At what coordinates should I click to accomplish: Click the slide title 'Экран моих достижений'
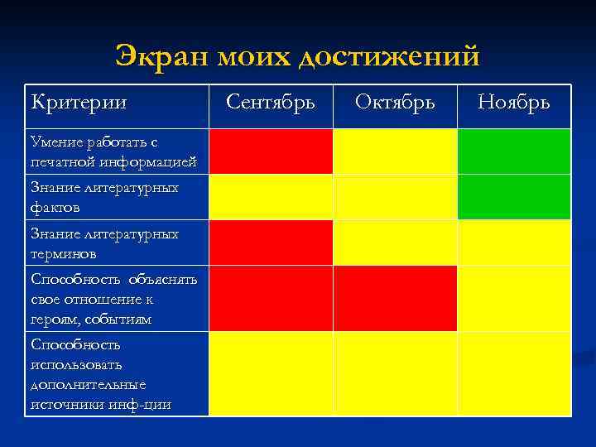298,56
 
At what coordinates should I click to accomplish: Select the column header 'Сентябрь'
270,103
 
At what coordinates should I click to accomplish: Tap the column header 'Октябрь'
394,103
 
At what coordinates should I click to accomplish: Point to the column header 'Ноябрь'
513,103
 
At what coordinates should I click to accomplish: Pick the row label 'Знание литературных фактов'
104,197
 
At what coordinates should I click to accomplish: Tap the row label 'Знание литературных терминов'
104,243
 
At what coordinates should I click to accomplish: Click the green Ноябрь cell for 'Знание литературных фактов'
514,197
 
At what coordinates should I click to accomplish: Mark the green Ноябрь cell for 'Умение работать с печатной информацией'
514,151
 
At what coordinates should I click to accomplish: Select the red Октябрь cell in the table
395,298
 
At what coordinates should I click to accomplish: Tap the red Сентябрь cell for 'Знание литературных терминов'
271,243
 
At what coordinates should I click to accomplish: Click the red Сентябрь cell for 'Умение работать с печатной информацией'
271,151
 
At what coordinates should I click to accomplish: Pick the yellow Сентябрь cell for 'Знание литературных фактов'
271,197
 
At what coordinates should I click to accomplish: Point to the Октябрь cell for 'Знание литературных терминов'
395,243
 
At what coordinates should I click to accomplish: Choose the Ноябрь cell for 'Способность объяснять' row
514,298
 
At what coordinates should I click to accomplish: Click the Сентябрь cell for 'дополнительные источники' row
271,373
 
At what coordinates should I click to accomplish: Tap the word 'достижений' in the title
389,56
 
